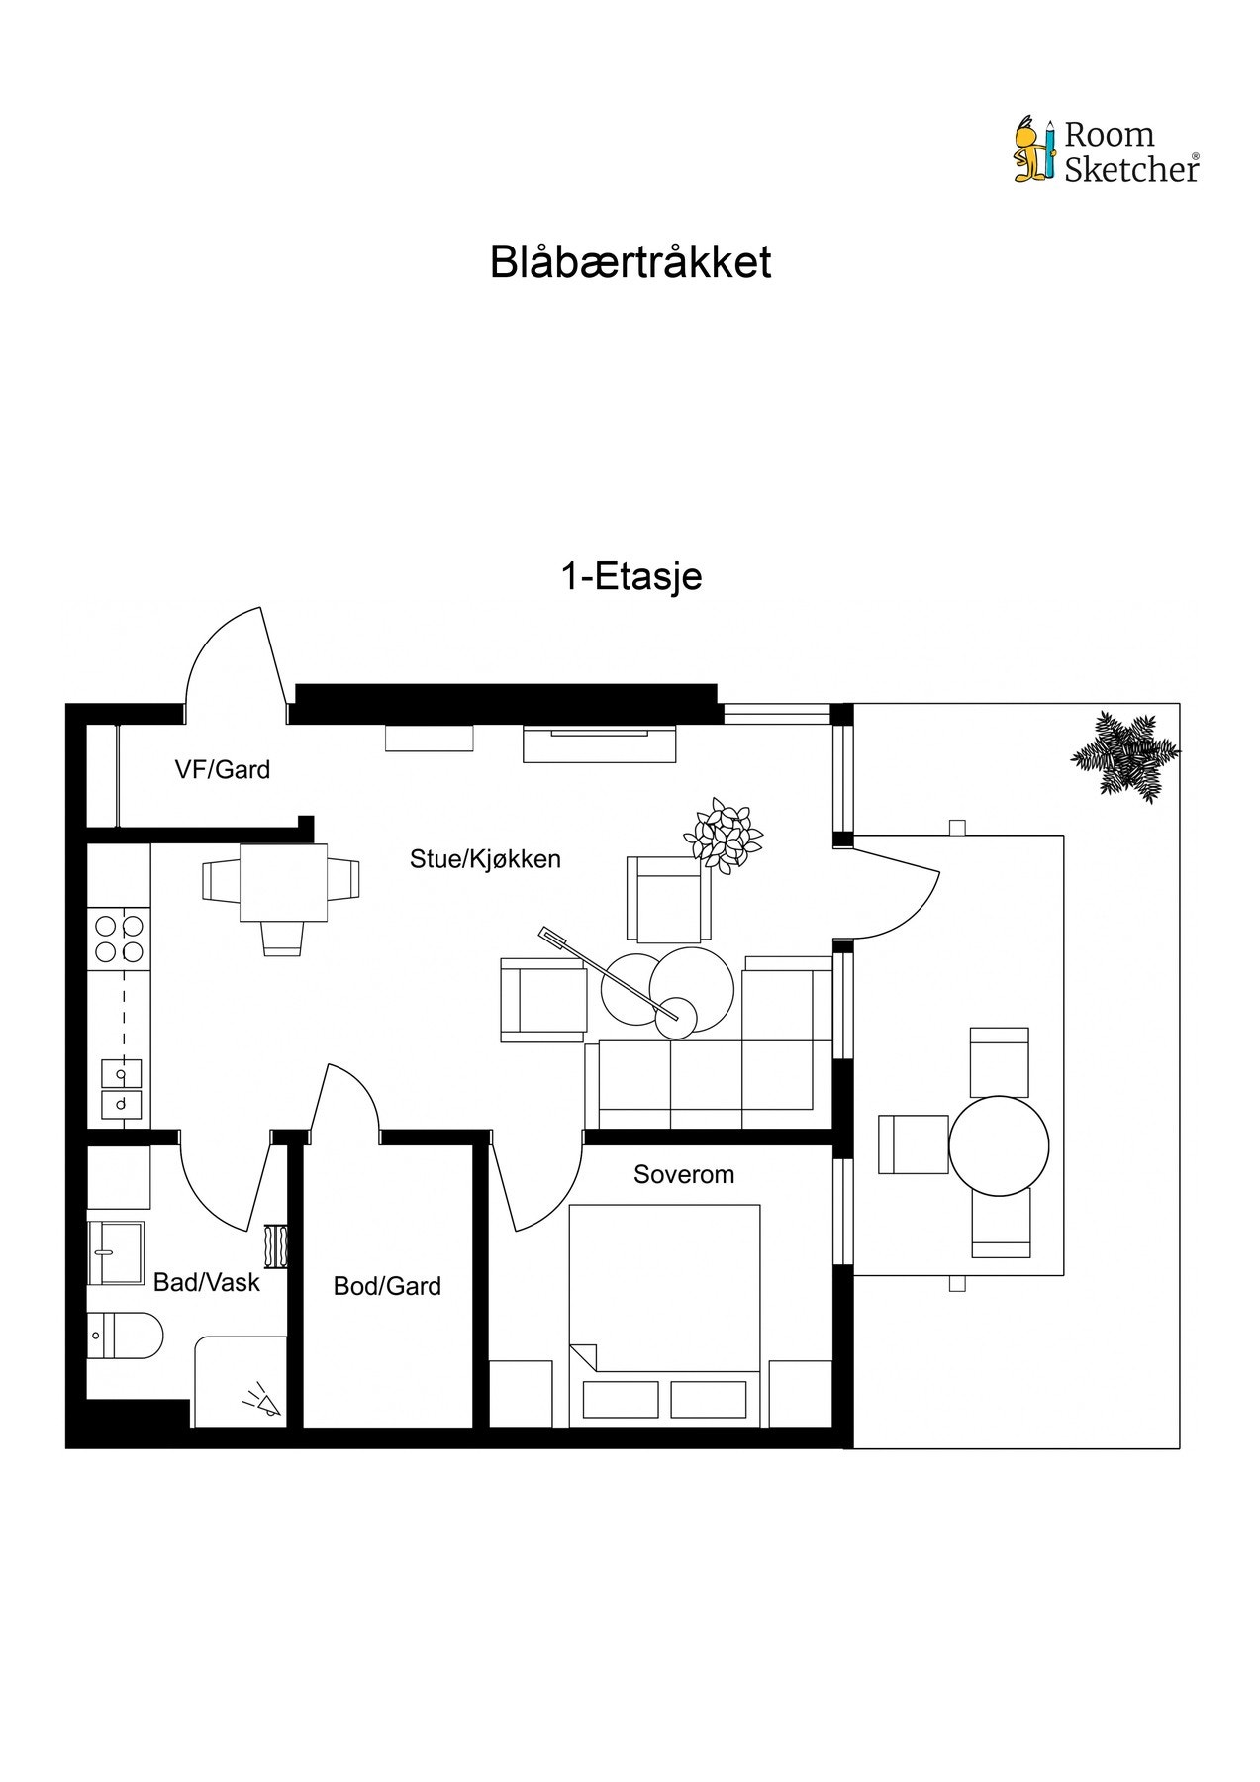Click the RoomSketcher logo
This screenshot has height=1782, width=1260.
point(1106,151)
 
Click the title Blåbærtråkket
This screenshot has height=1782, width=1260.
point(630,263)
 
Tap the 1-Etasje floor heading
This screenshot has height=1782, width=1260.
point(631,576)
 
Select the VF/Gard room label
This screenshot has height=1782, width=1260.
point(223,769)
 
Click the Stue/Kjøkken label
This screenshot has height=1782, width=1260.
point(485,858)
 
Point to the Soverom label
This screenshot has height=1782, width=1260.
point(684,1174)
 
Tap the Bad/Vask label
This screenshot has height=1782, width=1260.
point(206,1282)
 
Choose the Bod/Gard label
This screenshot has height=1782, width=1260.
point(387,1286)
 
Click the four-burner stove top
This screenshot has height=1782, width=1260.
point(118,940)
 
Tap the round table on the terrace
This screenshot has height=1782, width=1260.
point(998,1146)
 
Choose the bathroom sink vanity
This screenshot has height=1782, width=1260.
point(115,1252)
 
